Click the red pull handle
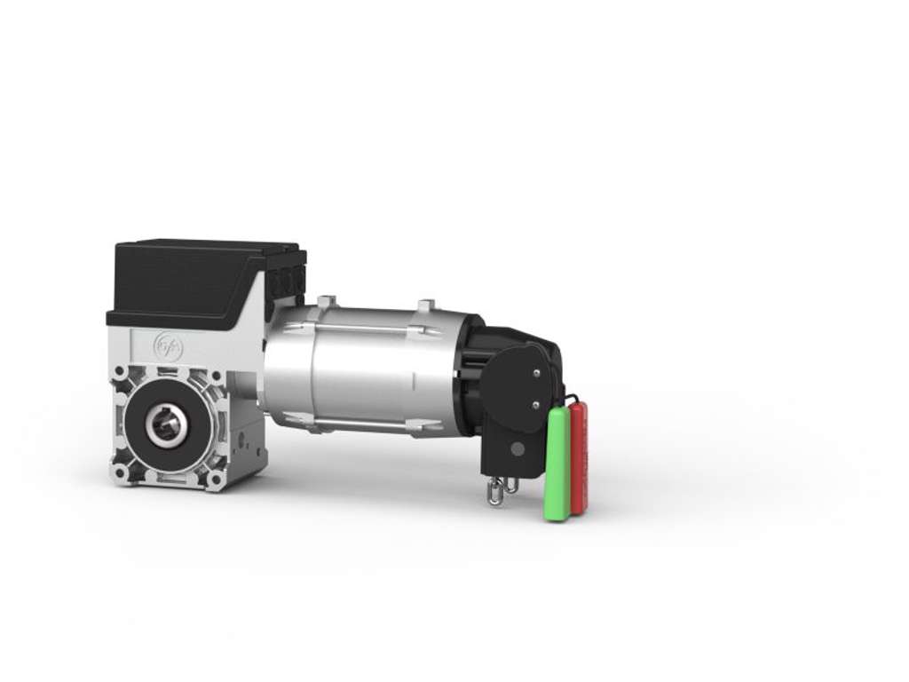point(579,457)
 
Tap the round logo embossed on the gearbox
point(168,347)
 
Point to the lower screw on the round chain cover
point(534,404)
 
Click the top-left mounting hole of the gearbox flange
point(118,372)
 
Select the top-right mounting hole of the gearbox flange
point(217,376)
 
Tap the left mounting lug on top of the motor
point(326,302)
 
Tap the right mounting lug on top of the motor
point(425,307)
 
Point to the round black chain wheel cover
point(519,386)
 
